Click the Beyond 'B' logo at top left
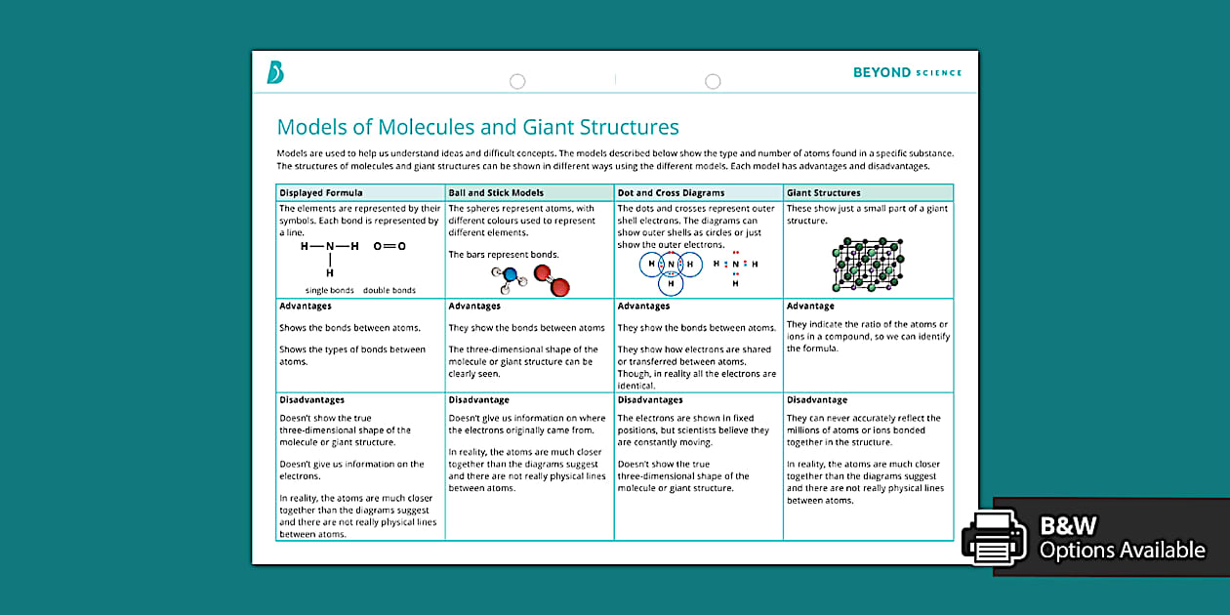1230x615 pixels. coord(275,72)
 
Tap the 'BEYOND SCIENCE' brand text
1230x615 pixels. coord(907,72)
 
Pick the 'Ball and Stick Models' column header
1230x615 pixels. coord(496,193)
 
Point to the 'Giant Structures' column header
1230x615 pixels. coord(824,193)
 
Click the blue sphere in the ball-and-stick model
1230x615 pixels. coord(510,278)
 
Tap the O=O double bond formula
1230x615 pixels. coord(389,247)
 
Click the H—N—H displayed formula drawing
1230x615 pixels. coord(330,256)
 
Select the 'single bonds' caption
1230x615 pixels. coord(330,290)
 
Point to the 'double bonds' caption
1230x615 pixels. coord(389,290)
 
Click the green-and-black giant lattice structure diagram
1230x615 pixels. coord(867,264)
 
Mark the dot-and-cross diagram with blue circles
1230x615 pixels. coord(671,266)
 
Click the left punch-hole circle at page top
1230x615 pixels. coord(517,82)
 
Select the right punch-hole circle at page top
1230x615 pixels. coord(713,82)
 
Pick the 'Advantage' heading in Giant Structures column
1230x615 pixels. coord(810,307)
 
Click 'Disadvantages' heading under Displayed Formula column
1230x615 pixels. coord(311,400)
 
